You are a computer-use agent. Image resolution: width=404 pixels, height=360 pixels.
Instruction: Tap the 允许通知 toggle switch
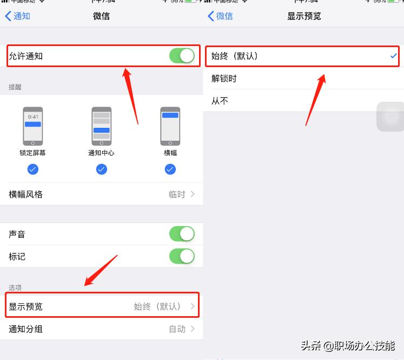click(x=182, y=56)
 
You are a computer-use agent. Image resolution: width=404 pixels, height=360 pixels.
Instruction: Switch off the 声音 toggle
click(x=182, y=234)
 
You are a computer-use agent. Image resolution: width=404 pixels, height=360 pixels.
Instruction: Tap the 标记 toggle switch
click(x=182, y=256)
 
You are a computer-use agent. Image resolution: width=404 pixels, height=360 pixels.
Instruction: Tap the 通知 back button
click(x=17, y=16)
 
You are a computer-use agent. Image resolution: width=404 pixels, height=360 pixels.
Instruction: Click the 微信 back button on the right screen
click(x=220, y=16)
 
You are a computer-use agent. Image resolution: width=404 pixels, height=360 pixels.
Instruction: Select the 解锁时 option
click(x=224, y=78)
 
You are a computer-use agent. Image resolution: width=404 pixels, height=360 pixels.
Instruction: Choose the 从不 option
click(x=220, y=101)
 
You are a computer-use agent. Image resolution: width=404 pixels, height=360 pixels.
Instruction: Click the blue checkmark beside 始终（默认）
click(x=393, y=56)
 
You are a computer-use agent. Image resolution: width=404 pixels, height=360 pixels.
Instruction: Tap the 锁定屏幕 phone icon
click(x=32, y=126)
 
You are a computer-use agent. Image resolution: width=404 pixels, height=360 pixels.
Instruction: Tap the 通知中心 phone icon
click(x=102, y=126)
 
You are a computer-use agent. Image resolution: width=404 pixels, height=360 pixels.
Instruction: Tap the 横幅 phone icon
click(x=170, y=126)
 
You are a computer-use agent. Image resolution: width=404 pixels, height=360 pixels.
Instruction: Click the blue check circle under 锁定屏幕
click(x=32, y=169)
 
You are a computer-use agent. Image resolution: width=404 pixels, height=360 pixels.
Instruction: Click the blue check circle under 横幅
click(x=170, y=169)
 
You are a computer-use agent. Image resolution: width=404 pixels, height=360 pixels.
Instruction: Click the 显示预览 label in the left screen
click(x=25, y=306)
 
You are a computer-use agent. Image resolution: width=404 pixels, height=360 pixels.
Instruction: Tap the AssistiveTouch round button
click(x=390, y=116)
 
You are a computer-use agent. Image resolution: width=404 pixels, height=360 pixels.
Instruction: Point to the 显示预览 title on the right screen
click(x=304, y=16)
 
